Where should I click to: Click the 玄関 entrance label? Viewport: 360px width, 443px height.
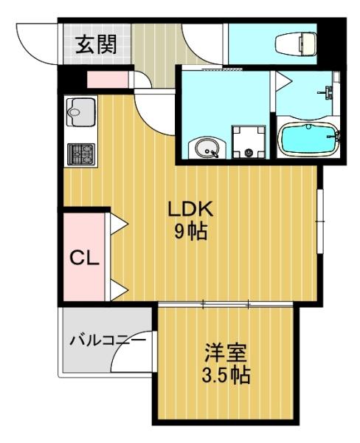click(97, 44)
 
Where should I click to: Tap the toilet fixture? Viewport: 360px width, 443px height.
click(296, 44)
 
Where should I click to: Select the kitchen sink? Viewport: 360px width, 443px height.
click(80, 112)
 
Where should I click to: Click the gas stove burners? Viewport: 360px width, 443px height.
click(80, 154)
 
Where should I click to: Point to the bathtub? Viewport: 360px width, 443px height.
click(308, 140)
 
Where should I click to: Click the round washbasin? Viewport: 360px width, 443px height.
click(207, 148)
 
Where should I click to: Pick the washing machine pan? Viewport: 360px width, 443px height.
click(249, 142)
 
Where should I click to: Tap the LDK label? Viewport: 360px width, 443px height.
click(190, 209)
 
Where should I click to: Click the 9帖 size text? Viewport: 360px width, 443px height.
click(191, 231)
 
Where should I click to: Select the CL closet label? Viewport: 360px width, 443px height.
click(84, 258)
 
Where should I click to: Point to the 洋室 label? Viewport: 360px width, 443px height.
click(226, 352)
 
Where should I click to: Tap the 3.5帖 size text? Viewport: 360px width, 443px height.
click(226, 375)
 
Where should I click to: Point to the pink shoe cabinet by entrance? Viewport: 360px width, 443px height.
click(108, 80)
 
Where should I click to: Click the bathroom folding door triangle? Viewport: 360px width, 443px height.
click(283, 81)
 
